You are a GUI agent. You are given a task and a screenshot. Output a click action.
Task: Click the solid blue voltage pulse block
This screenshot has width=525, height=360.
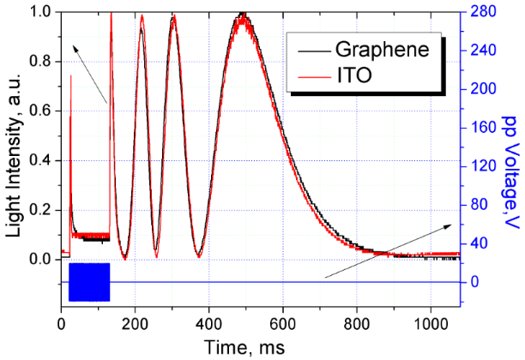(89, 282)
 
